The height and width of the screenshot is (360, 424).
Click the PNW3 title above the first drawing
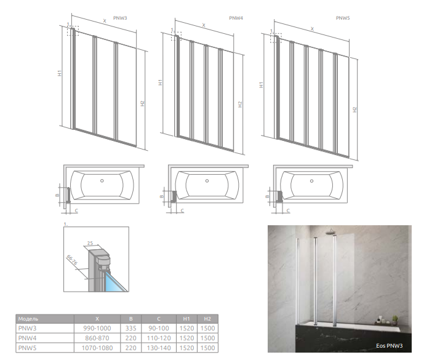click(120, 18)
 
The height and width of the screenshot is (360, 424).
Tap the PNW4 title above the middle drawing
click(236, 18)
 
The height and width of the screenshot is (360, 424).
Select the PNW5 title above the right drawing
click(343, 18)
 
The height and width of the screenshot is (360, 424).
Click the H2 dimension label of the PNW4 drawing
click(240, 105)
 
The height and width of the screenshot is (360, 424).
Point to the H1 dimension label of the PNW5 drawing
click(261, 85)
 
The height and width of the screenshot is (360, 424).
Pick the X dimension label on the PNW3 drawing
click(105, 21)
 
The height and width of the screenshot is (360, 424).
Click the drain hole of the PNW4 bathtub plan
click(207, 181)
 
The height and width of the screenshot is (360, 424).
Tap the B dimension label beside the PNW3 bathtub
click(57, 195)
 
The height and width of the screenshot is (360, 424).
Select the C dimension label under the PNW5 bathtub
click(288, 210)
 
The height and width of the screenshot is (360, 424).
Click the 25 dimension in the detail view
click(90, 243)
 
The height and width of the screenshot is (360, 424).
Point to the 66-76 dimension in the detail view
click(71, 260)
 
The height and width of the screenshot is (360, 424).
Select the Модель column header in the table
click(28, 319)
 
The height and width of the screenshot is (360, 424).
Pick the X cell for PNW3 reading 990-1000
click(97, 329)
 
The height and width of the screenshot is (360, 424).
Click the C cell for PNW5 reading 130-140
click(159, 348)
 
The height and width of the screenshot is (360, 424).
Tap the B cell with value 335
click(131, 329)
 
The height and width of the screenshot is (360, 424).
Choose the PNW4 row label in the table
click(27, 338)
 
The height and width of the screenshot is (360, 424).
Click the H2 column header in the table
click(207, 319)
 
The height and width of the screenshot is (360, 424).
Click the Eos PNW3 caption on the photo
click(389, 346)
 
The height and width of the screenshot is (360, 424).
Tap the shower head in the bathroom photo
click(331, 231)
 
